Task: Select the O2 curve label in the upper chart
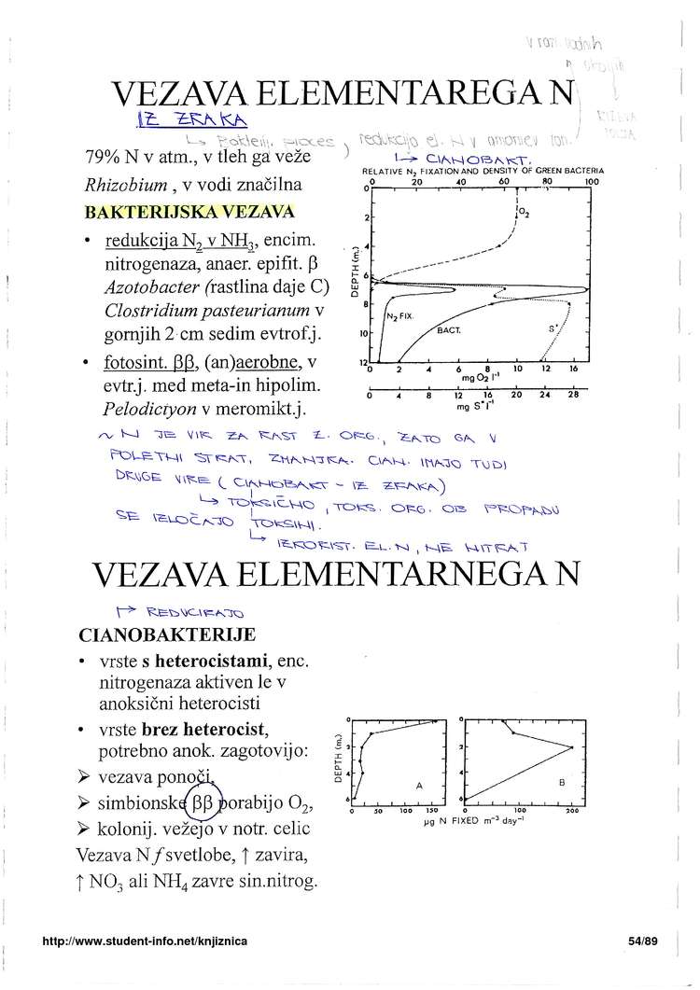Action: tap(525, 212)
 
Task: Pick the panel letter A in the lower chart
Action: tap(419, 786)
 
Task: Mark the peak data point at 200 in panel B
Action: tap(572, 746)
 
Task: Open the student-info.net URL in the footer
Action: tap(145, 942)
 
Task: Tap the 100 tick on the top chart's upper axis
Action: tap(591, 183)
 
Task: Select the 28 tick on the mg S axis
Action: tap(574, 394)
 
